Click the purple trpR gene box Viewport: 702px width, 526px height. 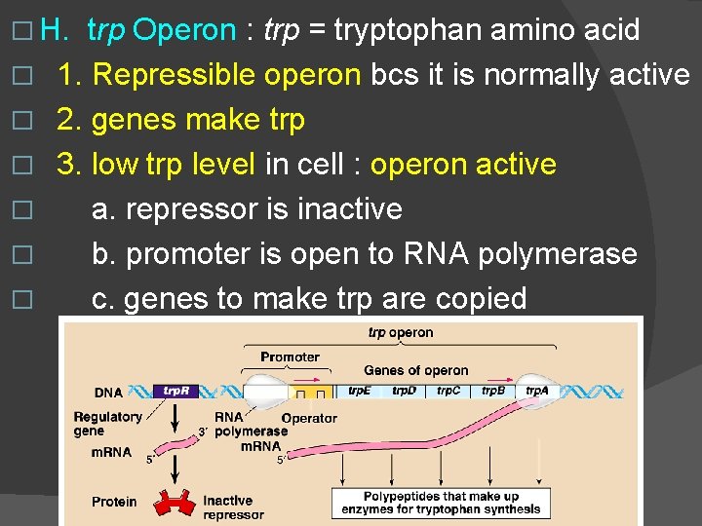[x=175, y=391]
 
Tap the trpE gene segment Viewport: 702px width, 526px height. [x=359, y=391]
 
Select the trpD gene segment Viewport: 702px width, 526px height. [x=404, y=391]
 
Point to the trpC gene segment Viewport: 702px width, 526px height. [x=448, y=391]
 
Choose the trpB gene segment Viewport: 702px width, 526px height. [x=493, y=391]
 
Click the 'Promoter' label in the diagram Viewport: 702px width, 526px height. [x=290, y=357]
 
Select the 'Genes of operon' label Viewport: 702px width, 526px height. [x=416, y=370]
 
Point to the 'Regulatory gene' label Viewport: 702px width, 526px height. [x=107, y=423]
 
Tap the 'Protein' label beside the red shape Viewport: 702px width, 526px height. [x=114, y=502]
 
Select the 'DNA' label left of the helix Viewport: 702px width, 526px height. [x=108, y=393]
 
